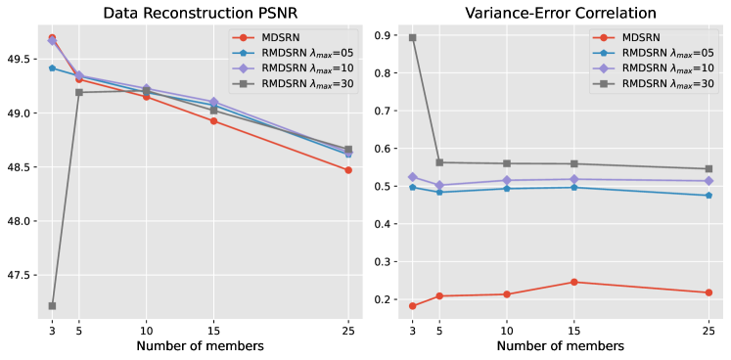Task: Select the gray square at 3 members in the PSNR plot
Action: coord(52,306)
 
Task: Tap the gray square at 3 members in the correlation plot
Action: coord(412,38)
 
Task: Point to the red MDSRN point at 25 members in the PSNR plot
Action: coord(348,170)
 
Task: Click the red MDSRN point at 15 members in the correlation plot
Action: coord(573,283)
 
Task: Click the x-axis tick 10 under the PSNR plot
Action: coord(147,330)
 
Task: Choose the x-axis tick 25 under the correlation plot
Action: coord(708,330)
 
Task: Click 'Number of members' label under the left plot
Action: coord(200,346)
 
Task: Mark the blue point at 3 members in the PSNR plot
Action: coord(52,67)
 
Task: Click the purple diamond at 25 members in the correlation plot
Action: coord(708,181)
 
